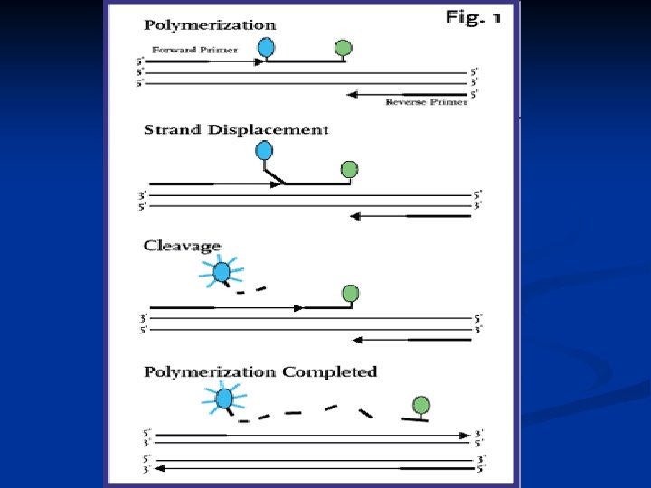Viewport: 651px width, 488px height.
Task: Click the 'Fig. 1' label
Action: point(473,19)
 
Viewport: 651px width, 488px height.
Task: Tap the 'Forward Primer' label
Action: point(194,50)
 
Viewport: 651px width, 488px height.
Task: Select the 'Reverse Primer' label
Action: point(427,102)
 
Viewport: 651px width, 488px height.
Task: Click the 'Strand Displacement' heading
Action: point(236,130)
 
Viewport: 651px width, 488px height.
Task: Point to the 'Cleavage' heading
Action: point(181,245)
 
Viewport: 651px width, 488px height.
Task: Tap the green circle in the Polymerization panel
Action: point(343,48)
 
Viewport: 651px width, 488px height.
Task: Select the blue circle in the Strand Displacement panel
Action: point(265,152)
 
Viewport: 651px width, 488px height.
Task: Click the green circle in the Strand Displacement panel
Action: point(349,169)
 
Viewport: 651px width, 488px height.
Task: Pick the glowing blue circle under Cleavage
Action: point(222,271)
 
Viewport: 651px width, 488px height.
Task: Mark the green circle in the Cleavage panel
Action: point(351,293)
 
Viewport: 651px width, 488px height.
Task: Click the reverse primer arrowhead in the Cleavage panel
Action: point(355,340)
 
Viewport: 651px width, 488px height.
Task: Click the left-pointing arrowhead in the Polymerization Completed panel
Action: point(159,469)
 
